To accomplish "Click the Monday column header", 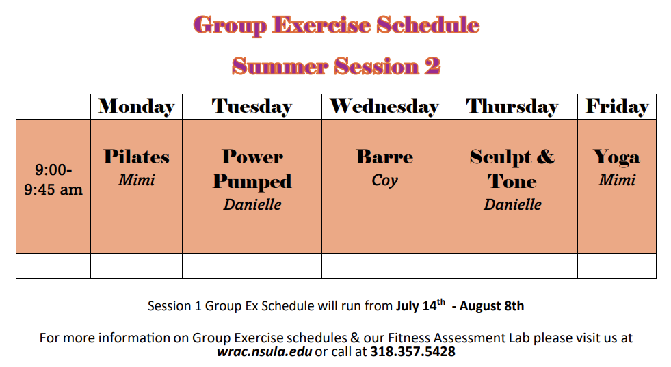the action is [x=137, y=107].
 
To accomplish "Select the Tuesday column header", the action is [x=252, y=107].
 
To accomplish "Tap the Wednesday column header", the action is [x=384, y=107].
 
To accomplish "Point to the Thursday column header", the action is [x=512, y=107].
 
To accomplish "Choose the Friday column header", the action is [x=617, y=107].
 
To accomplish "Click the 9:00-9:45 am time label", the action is [x=53, y=180].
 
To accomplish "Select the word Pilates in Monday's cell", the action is [x=137, y=157].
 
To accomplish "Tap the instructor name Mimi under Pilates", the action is [x=137, y=180].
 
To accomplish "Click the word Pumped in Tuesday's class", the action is [x=252, y=182].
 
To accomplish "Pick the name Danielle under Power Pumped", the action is [x=252, y=204].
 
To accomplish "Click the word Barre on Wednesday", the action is [x=384, y=157].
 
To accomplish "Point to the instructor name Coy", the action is [x=384, y=180].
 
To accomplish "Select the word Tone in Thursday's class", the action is [x=512, y=181].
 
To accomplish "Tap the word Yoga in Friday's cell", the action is [x=617, y=157].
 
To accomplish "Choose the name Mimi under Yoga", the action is [x=617, y=180].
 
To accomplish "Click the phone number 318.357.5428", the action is [x=412, y=351].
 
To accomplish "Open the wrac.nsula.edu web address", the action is [x=264, y=351].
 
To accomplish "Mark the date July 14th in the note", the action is [x=421, y=305].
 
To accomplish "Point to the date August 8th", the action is [x=492, y=306].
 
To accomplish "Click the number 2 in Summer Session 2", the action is [x=432, y=66].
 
